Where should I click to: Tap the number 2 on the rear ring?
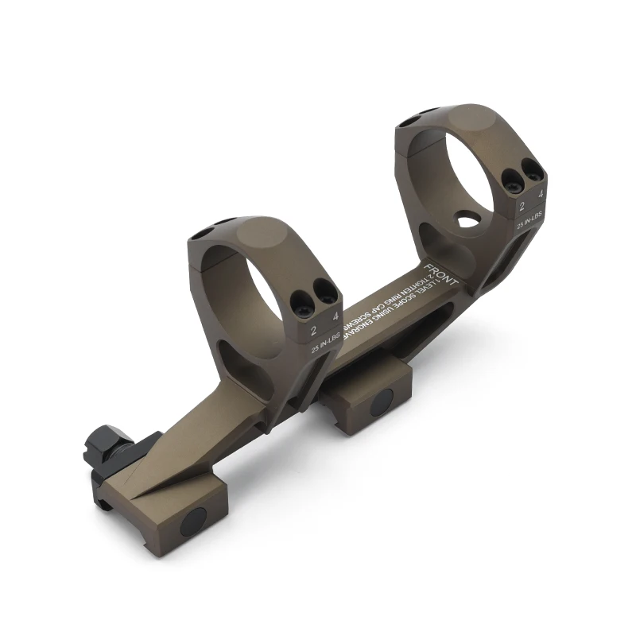(x=315, y=329)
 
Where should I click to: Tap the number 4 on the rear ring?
(x=335, y=316)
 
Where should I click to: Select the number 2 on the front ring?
(x=522, y=206)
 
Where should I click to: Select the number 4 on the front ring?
(x=541, y=193)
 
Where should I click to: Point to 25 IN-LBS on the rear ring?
(x=327, y=345)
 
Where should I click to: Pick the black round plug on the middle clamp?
(x=381, y=403)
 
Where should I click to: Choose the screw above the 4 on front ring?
(x=531, y=168)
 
